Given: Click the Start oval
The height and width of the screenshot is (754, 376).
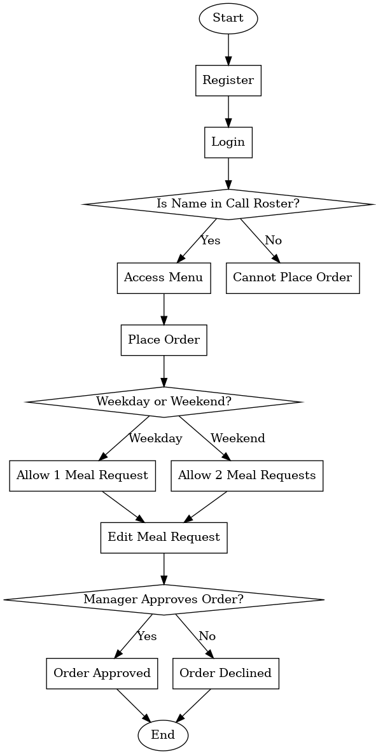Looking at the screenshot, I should click(x=228, y=18).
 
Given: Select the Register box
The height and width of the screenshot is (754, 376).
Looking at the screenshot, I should click(x=228, y=80).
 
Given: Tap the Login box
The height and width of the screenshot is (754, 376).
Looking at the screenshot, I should click(x=228, y=142).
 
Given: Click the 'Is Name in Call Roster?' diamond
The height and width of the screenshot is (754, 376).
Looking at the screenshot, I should click(x=228, y=204).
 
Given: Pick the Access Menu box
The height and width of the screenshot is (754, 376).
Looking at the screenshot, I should click(x=164, y=278).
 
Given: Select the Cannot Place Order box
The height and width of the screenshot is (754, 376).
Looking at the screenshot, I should click(x=292, y=278).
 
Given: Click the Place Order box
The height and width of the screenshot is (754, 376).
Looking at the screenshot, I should click(x=164, y=340).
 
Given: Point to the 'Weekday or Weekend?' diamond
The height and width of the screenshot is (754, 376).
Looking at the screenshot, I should click(x=164, y=402).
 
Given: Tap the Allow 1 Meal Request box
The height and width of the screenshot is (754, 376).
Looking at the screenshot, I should click(x=82, y=475).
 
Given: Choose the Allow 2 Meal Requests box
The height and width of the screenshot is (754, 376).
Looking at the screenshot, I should click(x=247, y=475).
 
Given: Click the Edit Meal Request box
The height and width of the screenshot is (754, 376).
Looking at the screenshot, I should click(x=164, y=537).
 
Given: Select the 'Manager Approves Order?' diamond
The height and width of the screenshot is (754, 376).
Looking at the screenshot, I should click(x=164, y=599).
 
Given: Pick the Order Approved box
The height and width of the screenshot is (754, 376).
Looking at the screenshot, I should click(x=102, y=673).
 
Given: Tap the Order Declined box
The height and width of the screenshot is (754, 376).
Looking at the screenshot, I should click(x=225, y=673).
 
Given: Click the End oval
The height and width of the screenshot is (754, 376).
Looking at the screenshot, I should click(x=163, y=736).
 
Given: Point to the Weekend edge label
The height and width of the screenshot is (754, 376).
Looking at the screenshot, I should click(x=237, y=438).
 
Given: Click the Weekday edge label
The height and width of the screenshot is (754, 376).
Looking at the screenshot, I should click(x=155, y=438).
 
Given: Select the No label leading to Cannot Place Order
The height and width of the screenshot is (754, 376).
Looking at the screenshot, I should click(x=273, y=241).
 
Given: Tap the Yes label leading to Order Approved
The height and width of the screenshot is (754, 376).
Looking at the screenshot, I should click(x=146, y=636).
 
